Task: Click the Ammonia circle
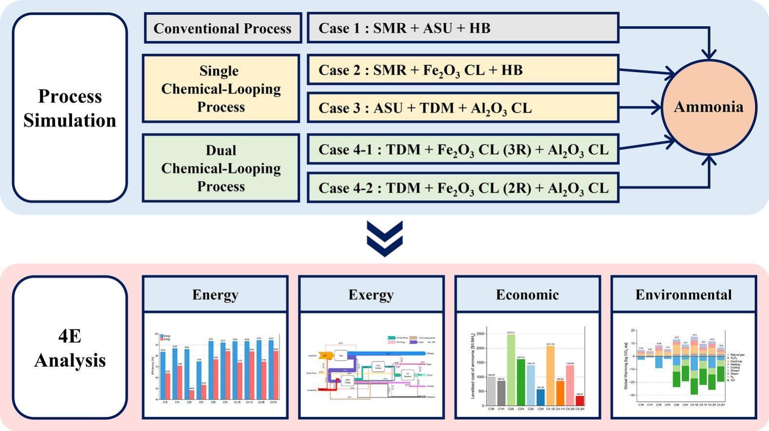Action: pos(709,108)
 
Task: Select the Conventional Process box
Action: pos(222,28)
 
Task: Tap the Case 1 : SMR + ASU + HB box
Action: pos(462,28)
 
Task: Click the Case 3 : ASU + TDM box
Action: pos(462,108)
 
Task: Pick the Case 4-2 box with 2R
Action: pos(462,188)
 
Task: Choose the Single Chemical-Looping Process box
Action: pos(220,89)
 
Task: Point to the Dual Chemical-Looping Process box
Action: pos(220,168)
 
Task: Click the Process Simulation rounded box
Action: pos(70,108)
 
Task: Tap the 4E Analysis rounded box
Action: pos(70,348)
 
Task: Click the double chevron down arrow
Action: pos(384,238)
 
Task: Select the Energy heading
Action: pos(215,294)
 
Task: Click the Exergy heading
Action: pos(371,294)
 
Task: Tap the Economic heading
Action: pos(528,294)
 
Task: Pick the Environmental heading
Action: pos(683,294)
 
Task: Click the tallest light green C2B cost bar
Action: pos(511,370)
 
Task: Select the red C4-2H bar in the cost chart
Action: pos(580,401)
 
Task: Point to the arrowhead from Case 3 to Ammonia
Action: pos(658,108)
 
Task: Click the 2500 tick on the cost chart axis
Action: pos(480,334)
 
